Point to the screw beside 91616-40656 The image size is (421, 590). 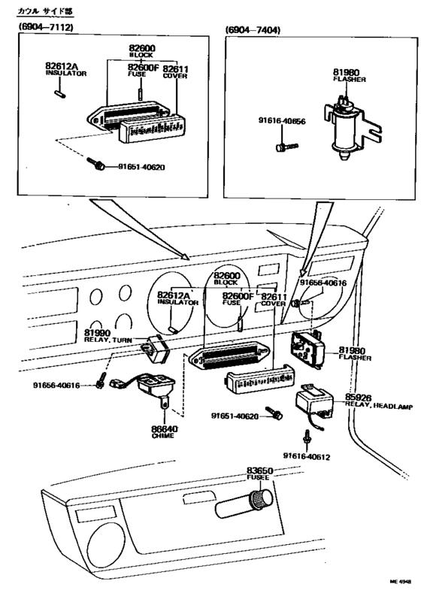[283, 147]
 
